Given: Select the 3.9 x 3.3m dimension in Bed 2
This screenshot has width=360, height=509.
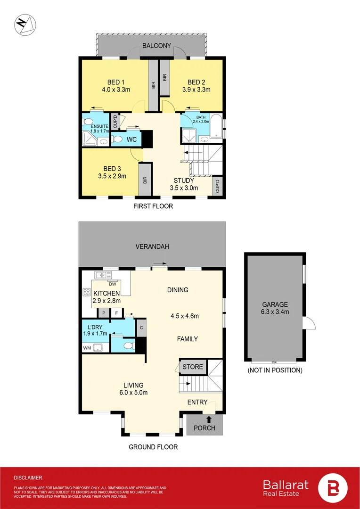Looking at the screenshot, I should (196, 89).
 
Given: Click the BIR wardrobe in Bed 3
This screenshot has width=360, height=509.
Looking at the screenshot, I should (145, 180).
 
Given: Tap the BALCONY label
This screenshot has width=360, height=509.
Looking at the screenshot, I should (156, 46).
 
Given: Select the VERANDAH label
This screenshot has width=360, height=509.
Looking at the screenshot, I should (152, 246).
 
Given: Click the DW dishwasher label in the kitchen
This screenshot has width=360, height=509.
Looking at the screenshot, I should (112, 284).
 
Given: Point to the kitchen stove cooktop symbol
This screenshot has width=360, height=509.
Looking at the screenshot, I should (87, 292).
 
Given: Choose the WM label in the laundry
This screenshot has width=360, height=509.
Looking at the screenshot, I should (87, 348).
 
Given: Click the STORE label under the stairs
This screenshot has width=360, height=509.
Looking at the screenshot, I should (192, 367).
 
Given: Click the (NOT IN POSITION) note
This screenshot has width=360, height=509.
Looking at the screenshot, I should (275, 370).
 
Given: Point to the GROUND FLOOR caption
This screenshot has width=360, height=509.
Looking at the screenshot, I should (153, 447).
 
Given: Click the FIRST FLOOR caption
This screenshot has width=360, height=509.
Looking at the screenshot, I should (153, 206).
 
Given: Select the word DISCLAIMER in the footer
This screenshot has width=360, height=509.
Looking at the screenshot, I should (28, 477).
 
